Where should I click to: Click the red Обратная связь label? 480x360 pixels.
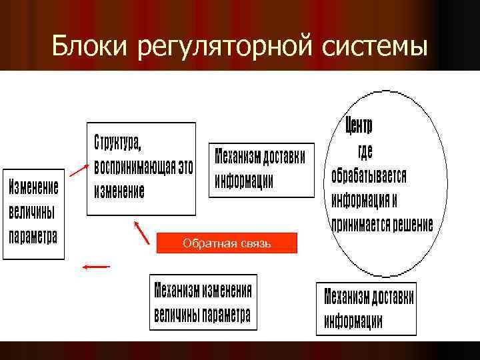click(227, 243)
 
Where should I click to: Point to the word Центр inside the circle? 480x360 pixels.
click(359, 125)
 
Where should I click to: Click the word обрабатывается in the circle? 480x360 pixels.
click(369, 175)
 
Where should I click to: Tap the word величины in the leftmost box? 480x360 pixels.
click(31, 212)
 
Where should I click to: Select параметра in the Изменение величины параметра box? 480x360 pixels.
click(33, 236)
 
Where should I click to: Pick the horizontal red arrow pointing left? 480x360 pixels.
click(95, 267)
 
